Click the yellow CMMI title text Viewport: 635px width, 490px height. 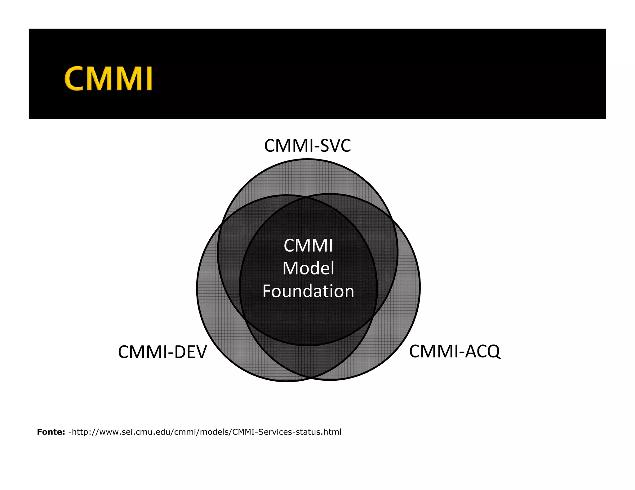point(108,78)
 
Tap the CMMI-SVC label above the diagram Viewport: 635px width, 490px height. point(307,146)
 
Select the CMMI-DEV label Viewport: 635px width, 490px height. point(162,352)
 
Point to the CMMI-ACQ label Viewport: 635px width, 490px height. point(455,351)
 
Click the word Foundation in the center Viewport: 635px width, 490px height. point(308,291)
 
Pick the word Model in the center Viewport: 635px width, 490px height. point(308,268)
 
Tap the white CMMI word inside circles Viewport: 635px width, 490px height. point(308,246)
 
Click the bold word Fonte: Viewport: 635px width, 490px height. point(51,432)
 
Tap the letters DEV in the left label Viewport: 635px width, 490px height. point(190,352)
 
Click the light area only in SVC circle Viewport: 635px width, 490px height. point(307,178)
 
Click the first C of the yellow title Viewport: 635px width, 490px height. point(74,78)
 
